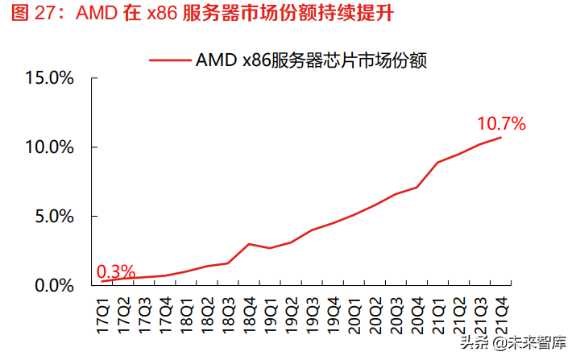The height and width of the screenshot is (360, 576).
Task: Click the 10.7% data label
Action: [501, 124]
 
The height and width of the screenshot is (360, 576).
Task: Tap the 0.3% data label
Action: [116, 272]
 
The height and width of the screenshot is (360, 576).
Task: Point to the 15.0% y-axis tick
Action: [50, 78]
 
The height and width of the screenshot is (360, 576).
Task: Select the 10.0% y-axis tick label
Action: [50, 147]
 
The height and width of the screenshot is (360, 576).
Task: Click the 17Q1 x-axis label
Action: [102, 311]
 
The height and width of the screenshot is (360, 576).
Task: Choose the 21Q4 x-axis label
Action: [500, 311]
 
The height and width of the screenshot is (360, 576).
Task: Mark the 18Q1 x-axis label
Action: [186, 311]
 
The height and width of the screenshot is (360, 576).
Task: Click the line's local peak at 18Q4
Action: [249, 243]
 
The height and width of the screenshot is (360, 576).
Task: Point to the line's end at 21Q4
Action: [500, 138]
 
